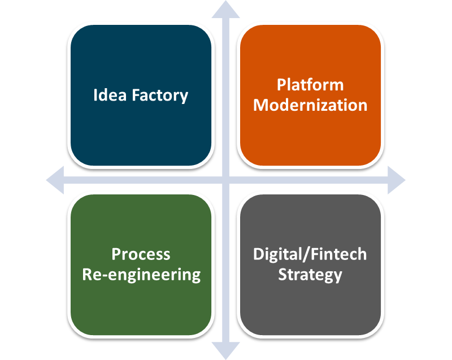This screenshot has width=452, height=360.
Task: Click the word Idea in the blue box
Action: [x=110, y=95]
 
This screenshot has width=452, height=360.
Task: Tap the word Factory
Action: [x=160, y=96]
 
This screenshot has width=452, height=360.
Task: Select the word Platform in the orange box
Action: [x=310, y=85]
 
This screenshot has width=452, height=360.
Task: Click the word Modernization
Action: [x=310, y=105]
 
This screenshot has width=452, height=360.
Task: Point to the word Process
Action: [x=141, y=254]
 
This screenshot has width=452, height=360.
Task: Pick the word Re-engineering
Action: [x=141, y=275]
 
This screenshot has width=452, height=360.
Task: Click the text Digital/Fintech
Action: [x=310, y=254]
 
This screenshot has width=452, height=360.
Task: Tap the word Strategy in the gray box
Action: [x=310, y=275]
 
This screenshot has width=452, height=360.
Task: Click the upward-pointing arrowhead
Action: [x=225, y=9]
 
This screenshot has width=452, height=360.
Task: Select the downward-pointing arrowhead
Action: [x=225, y=351]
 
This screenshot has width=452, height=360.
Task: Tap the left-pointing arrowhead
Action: [x=55, y=180]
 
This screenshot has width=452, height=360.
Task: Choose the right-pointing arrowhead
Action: [x=397, y=180]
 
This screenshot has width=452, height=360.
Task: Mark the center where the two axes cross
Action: [x=225, y=180]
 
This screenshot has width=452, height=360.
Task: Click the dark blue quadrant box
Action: [x=141, y=95]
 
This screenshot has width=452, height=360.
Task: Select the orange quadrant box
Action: [x=310, y=95]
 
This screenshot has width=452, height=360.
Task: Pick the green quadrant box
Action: [x=141, y=264]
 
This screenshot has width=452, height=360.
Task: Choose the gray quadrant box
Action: [x=310, y=264]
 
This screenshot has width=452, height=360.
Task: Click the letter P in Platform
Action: [x=281, y=85]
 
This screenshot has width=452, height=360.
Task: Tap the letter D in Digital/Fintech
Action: [x=259, y=254]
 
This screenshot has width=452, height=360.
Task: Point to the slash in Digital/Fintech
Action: [x=306, y=255]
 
